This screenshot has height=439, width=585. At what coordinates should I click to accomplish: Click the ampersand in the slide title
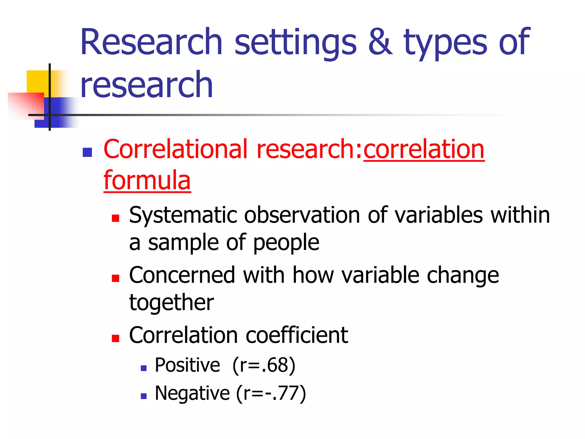[x=380, y=42]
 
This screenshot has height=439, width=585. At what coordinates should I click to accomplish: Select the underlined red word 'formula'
[x=147, y=180]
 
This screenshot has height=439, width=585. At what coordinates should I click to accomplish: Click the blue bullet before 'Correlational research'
[x=87, y=152]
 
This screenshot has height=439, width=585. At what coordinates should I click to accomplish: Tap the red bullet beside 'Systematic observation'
[x=115, y=218]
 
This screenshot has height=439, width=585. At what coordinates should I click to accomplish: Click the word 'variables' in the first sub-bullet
[x=439, y=215]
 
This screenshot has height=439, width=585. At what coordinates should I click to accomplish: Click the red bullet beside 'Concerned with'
[x=115, y=278]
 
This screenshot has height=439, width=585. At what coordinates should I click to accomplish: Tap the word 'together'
[x=171, y=302]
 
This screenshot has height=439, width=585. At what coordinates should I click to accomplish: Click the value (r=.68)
[x=264, y=365]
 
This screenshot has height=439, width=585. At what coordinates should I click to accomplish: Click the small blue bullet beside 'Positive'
[x=144, y=368]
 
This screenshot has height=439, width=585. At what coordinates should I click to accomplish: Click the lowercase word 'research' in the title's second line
[x=147, y=85]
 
